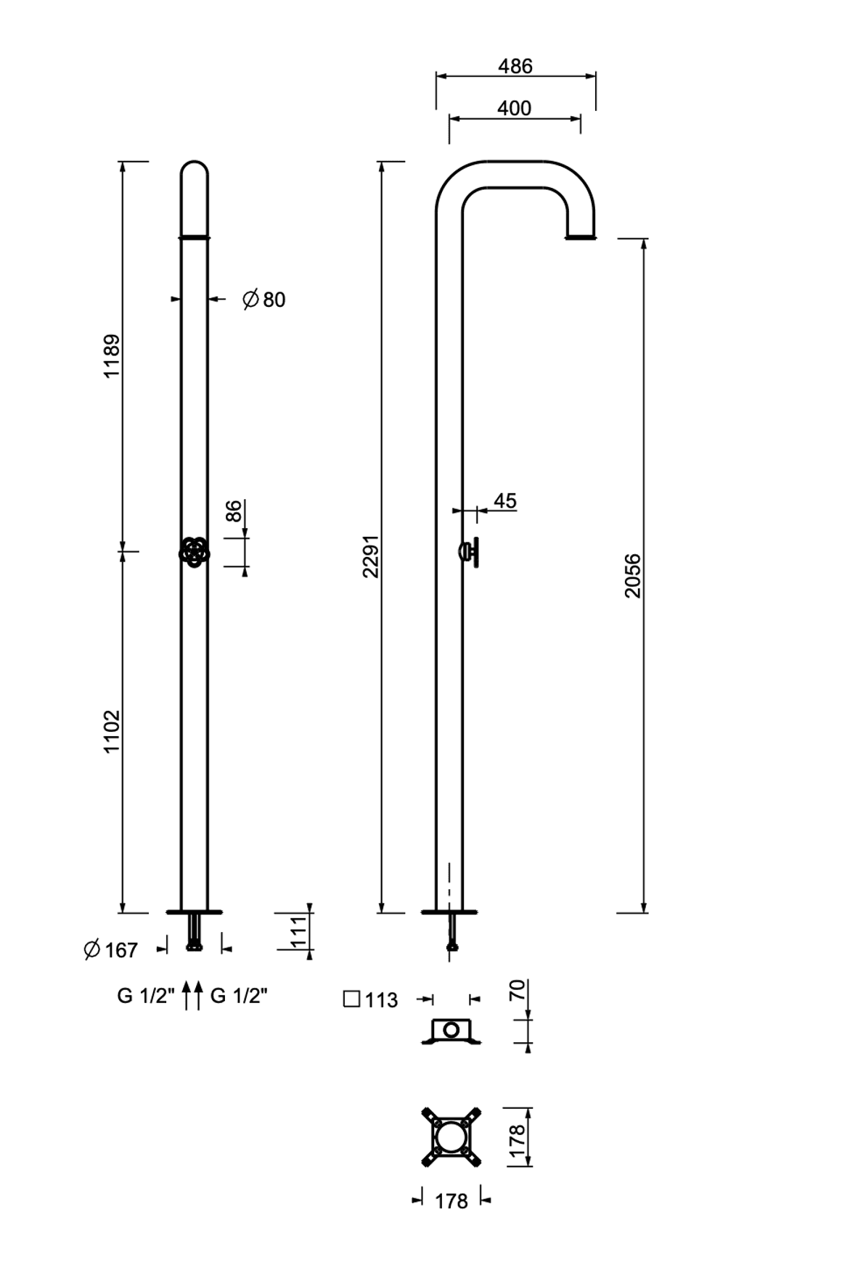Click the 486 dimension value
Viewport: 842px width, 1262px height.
(515, 66)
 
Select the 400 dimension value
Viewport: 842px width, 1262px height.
(515, 108)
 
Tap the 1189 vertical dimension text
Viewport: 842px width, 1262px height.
(112, 355)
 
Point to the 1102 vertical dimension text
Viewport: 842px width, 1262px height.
(112, 731)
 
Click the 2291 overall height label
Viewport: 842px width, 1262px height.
(371, 556)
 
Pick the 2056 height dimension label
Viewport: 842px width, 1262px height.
(633, 575)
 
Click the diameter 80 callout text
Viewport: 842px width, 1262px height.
(264, 299)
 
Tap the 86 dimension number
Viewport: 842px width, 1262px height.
(234, 511)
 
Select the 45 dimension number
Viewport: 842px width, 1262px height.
(505, 500)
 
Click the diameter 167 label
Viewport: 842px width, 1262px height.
(111, 949)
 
